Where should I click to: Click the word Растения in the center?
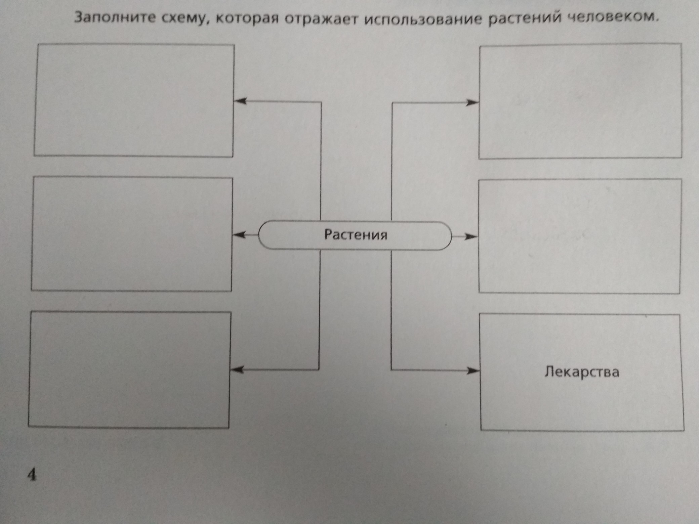356,234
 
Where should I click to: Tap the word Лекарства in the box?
582,372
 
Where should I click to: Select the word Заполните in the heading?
115,18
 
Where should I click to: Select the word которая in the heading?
246,19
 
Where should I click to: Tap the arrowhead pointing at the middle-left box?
239,235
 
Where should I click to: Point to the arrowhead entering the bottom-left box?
237,370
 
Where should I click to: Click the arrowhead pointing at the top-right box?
472,102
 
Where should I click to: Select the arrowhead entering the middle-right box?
471,237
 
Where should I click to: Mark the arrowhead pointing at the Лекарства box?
474,371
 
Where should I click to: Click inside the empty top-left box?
134,100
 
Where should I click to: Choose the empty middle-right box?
580,236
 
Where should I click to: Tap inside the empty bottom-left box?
130,370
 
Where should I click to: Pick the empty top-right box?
580,101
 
